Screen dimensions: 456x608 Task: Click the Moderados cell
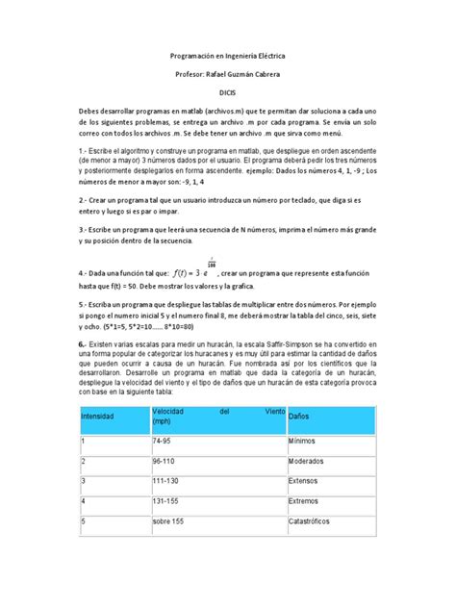point(308,461)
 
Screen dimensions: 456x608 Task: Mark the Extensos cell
point(305,481)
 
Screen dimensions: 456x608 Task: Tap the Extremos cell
point(305,501)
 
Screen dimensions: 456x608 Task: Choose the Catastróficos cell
point(313,522)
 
